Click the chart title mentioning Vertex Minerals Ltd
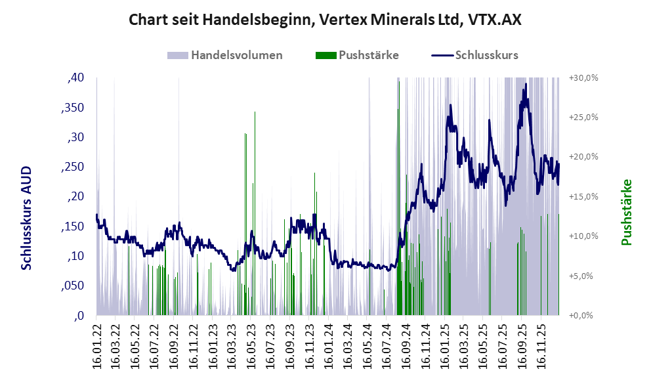[325, 20]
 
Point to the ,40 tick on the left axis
[76, 78]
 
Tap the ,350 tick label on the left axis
[73, 108]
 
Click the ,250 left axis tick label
[73, 167]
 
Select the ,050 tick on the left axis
[73, 286]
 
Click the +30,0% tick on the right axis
[583, 78]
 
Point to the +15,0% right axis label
[583, 197]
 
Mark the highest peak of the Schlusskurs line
[526, 84]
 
